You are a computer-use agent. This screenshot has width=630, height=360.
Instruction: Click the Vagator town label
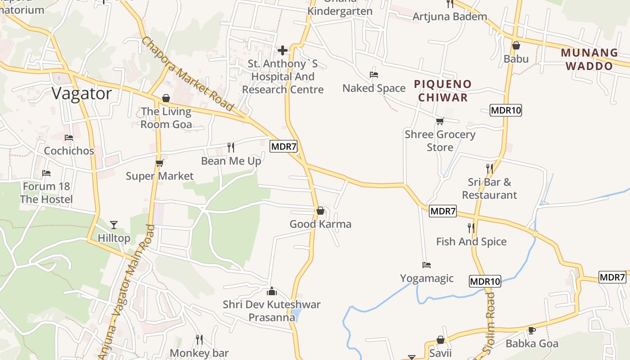pyautogui.click(x=81, y=94)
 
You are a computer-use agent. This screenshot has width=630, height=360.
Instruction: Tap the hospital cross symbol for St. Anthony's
pyautogui.click(x=283, y=50)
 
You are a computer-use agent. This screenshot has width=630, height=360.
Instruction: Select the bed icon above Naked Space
pyautogui.click(x=373, y=74)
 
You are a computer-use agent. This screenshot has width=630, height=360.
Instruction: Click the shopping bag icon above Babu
pyautogui.click(x=516, y=45)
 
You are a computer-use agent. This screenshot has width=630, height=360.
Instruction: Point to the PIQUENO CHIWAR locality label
pyautogui.click(x=443, y=90)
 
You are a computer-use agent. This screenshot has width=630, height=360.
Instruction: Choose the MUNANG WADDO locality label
pyautogui.click(x=589, y=59)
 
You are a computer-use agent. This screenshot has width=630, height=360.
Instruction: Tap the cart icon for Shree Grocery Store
pyautogui.click(x=440, y=121)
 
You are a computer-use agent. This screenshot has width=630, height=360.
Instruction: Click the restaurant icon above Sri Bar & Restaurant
pyautogui.click(x=489, y=168)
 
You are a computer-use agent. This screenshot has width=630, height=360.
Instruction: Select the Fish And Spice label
pyautogui.click(x=471, y=242)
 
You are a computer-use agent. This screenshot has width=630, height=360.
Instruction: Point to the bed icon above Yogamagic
pyautogui.click(x=427, y=265)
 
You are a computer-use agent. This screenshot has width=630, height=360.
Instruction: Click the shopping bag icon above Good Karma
pyautogui.click(x=320, y=210)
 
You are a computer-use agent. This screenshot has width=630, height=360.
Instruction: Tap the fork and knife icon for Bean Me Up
pyautogui.click(x=231, y=147)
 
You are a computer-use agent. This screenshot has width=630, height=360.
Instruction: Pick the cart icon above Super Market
pyautogui.click(x=159, y=162)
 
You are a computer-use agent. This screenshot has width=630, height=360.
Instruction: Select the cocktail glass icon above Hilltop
pyautogui.click(x=114, y=225)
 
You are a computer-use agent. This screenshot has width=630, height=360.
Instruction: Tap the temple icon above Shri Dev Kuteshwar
pyautogui.click(x=272, y=291)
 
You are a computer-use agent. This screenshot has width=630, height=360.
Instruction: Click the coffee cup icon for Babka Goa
pyautogui.click(x=531, y=330)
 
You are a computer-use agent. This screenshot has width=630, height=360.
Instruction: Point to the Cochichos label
pyautogui.click(x=69, y=151)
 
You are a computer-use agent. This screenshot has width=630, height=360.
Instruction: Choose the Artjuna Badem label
pyautogui.click(x=450, y=17)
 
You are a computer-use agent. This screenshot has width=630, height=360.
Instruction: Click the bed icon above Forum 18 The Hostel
pyautogui.click(x=46, y=173)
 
